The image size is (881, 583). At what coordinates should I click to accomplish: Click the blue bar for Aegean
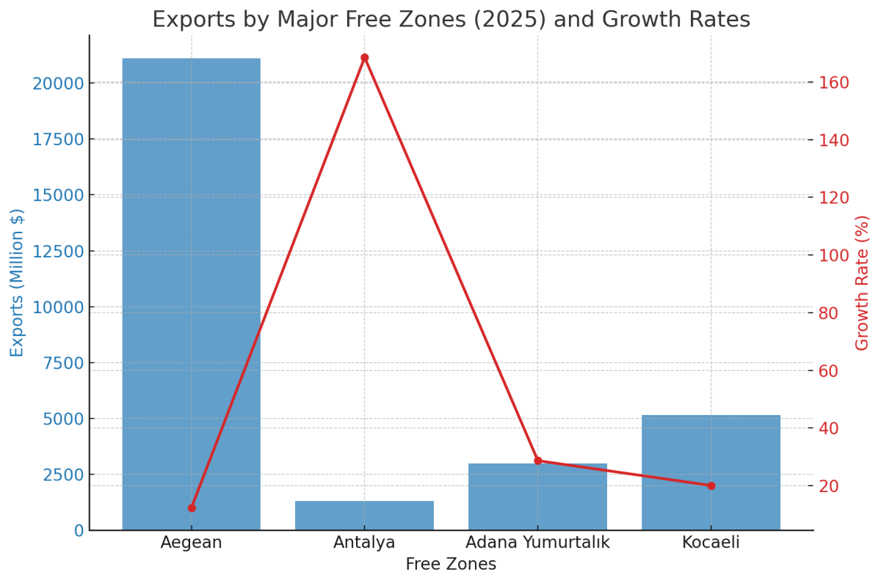[x=191, y=293]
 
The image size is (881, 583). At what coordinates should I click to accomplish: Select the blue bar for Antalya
[x=364, y=516]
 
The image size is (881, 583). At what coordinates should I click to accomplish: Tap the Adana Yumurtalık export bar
[x=537, y=496]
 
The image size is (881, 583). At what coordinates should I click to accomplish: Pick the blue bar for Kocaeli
[x=711, y=472]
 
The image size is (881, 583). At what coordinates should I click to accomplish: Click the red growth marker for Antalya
[x=364, y=58]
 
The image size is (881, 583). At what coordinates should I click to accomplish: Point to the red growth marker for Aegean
[x=192, y=507]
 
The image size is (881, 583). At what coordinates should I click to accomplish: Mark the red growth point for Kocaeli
[x=711, y=485]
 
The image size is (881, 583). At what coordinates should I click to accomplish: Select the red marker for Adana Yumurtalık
[x=537, y=461]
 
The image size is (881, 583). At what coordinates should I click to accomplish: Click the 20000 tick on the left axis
[x=58, y=83]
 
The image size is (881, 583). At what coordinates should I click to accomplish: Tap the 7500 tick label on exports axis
[x=62, y=363]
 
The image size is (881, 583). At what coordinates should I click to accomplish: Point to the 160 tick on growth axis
[x=834, y=83]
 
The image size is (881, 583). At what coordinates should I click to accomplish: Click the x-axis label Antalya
[x=364, y=543]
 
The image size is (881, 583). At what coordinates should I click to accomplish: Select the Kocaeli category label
[x=711, y=543]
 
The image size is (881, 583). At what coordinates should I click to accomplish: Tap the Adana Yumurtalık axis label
[x=537, y=543]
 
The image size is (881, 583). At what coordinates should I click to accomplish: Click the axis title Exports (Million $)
[x=18, y=283]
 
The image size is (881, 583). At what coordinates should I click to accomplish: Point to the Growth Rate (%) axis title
[x=863, y=283]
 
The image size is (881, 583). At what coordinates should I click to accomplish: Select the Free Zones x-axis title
[x=451, y=565]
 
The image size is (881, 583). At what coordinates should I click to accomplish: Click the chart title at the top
[x=451, y=20]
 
